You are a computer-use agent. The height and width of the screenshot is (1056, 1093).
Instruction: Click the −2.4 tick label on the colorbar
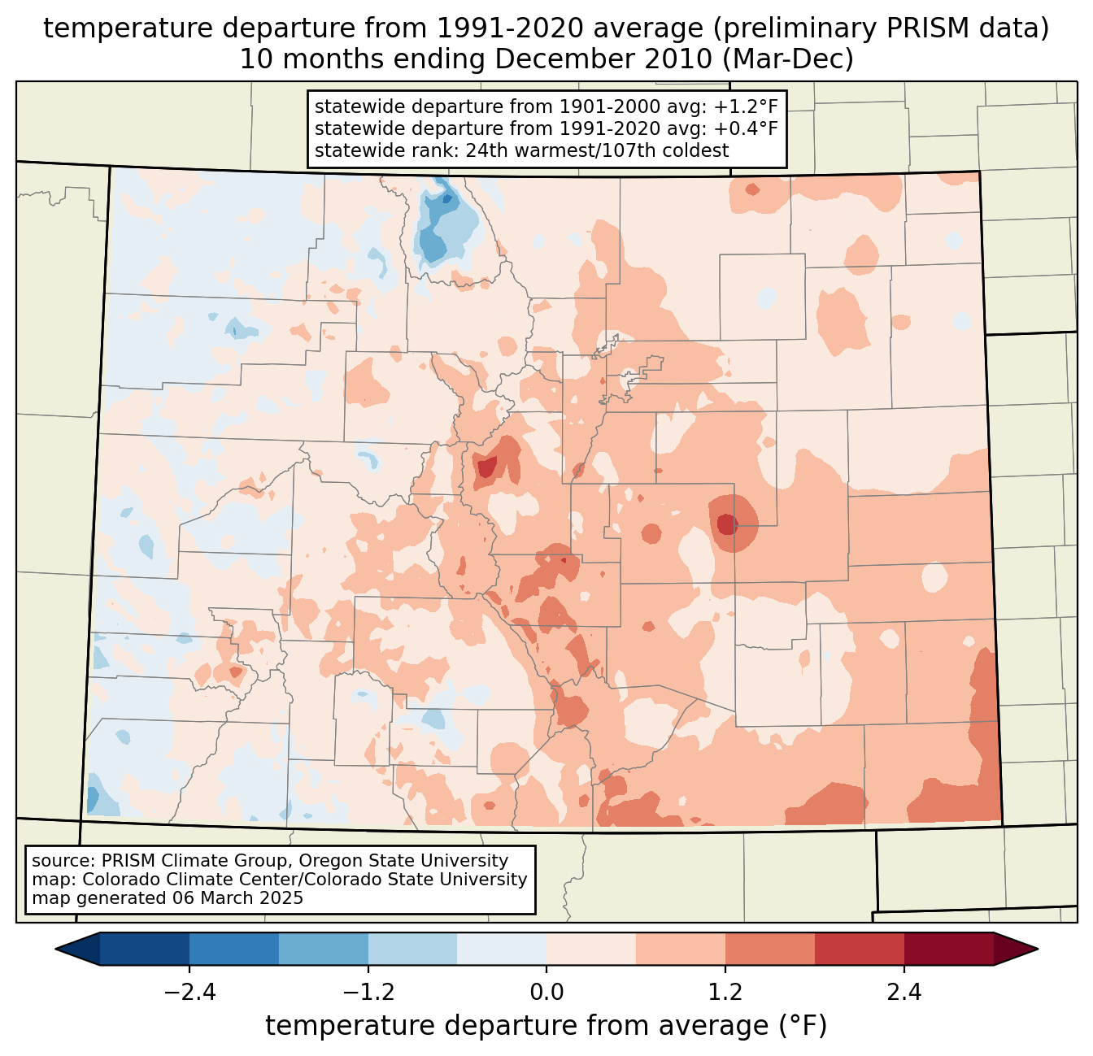(189, 993)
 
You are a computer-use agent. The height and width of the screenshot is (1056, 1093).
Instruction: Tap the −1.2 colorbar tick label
(368, 993)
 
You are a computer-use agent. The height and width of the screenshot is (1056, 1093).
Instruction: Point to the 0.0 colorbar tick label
(546, 993)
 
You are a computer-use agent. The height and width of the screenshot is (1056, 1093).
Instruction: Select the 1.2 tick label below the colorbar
(725, 993)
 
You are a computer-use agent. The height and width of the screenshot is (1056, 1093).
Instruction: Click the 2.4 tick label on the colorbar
(904, 993)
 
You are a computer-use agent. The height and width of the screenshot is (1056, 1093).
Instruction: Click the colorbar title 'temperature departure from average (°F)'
(546, 1026)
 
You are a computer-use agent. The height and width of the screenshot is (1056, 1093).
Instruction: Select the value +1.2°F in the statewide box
(746, 107)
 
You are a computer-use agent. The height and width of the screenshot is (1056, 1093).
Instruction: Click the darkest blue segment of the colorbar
(145, 949)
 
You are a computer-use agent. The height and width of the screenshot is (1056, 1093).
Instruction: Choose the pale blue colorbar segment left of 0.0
(502, 949)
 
